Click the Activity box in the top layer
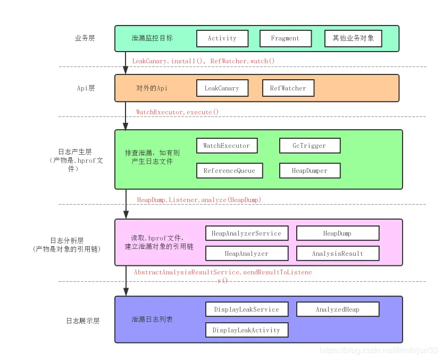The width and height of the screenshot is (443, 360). [222, 38]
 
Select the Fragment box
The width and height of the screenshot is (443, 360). [285, 38]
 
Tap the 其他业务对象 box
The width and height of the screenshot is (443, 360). [353, 38]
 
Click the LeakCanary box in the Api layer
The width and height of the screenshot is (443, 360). [222, 88]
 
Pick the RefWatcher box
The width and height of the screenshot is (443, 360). [288, 88]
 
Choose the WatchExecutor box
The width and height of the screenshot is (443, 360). [226, 146]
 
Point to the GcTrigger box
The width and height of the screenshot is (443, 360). [310, 146]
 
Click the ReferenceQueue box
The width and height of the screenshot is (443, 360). [229, 171]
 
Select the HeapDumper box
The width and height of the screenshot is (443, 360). [310, 171]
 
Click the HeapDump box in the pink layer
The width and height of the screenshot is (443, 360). [337, 233]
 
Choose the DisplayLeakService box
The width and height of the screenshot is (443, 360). [246, 309]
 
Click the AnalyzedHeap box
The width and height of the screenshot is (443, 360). [337, 309]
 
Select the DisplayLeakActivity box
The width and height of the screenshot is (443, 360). [246, 330]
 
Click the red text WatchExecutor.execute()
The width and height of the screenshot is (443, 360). [177, 112]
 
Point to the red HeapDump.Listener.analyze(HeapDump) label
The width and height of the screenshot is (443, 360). [199, 199]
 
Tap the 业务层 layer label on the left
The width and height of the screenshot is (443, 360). [85, 38]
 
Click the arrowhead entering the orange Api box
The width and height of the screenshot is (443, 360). [126, 71]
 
